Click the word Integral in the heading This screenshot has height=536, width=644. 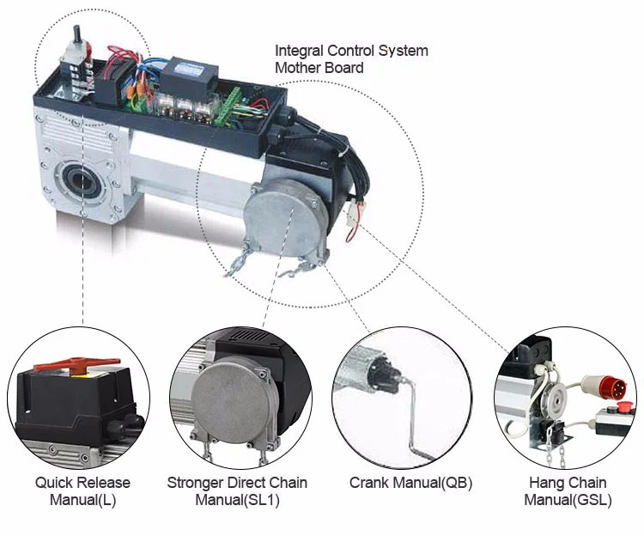(x=299, y=51)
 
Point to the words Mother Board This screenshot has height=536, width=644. (x=319, y=68)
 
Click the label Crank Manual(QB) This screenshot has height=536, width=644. (x=410, y=483)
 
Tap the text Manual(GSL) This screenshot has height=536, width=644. (x=568, y=500)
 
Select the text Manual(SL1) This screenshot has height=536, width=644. (x=237, y=500)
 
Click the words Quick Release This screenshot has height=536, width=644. (x=82, y=483)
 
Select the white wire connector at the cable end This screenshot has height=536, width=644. (x=353, y=213)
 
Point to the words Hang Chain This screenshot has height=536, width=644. (x=568, y=483)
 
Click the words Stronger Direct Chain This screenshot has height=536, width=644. (x=237, y=483)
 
